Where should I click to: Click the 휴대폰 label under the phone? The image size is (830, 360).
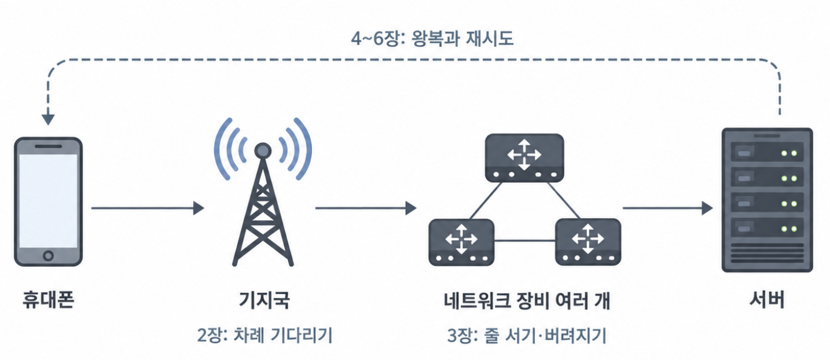(x=49, y=300)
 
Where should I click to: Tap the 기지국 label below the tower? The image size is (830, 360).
(x=264, y=300)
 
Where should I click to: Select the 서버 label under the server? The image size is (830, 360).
(x=767, y=300)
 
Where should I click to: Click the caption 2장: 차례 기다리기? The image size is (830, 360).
(x=265, y=335)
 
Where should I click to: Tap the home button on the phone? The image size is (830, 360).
(x=48, y=255)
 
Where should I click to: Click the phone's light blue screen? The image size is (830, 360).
(x=48, y=201)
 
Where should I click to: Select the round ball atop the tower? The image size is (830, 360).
(x=263, y=150)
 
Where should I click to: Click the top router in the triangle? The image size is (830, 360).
(x=524, y=158)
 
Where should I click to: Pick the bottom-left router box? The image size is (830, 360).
(x=461, y=242)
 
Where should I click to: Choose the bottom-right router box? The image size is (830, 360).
(x=588, y=242)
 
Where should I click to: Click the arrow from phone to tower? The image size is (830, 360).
(x=148, y=208)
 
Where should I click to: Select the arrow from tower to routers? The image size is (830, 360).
(x=366, y=208)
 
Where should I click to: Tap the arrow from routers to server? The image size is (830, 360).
(x=667, y=208)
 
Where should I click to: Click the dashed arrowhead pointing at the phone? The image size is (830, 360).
(x=48, y=119)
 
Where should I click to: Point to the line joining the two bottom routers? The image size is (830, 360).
(x=524, y=241)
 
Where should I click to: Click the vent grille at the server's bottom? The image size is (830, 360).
(x=767, y=253)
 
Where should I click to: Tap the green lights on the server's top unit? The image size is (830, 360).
(x=789, y=153)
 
